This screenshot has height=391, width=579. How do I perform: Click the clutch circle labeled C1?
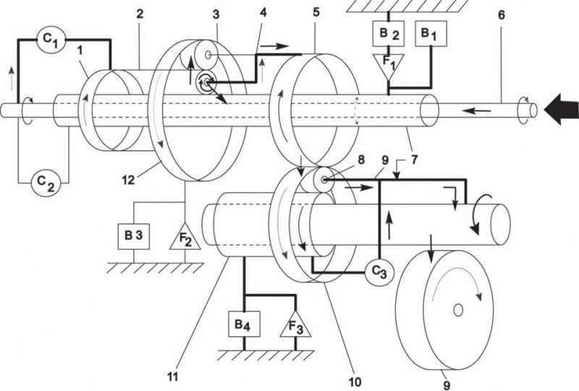(x=51, y=40)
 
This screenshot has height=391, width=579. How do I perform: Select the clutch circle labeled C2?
(x=46, y=182)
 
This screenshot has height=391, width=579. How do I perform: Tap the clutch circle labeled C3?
(x=379, y=273)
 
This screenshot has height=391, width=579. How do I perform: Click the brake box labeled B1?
(x=431, y=33)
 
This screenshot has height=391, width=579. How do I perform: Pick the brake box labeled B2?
(x=388, y=33)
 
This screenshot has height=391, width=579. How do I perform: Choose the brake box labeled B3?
(x=134, y=236)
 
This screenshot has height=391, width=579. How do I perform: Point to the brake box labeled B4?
(x=244, y=324)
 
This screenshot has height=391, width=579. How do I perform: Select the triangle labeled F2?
(x=185, y=237)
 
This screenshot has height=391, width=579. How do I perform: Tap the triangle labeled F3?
(x=295, y=325)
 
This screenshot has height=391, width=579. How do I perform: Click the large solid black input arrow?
(x=562, y=109)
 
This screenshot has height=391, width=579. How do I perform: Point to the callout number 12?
(x=129, y=180)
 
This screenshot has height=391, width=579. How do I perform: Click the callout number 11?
(x=173, y=377)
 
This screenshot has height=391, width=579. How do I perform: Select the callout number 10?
(x=355, y=382)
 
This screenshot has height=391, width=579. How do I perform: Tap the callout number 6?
(x=501, y=15)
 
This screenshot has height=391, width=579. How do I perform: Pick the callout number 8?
(x=360, y=159)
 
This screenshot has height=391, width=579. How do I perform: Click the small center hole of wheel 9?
(x=458, y=310)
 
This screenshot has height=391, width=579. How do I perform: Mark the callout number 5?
(x=316, y=12)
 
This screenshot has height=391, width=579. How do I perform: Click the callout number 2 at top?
(x=140, y=14)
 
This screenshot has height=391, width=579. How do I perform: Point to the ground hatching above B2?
(x=407, y=7)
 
